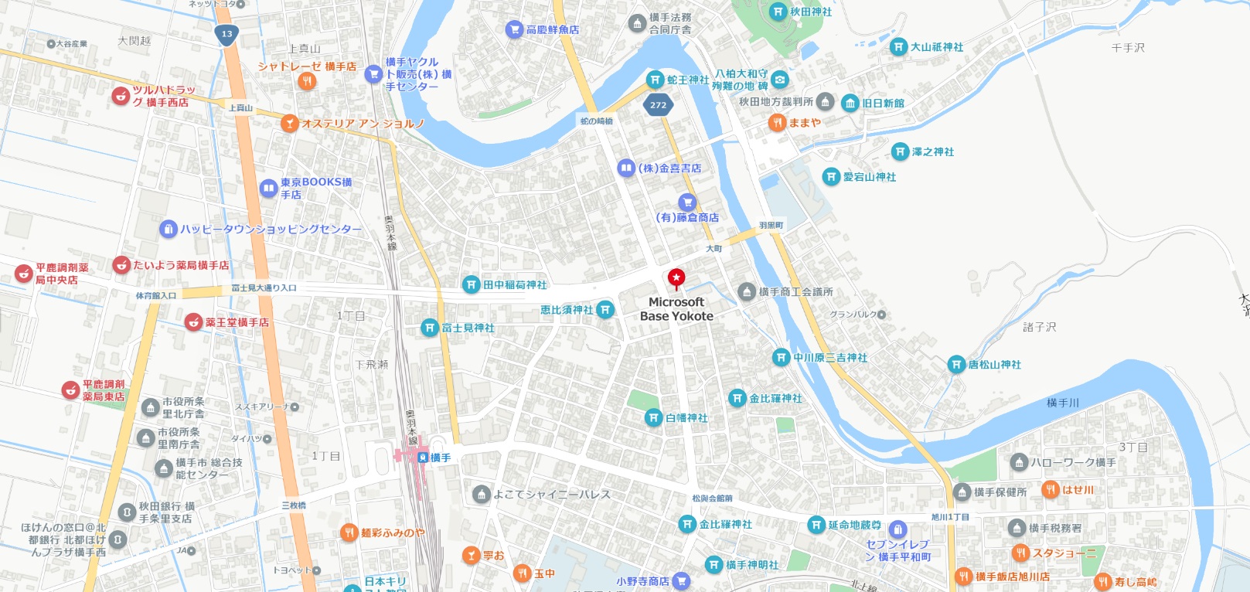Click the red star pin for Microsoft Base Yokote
point(676,277)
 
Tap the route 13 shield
point(226,34)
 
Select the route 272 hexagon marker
point(658,105)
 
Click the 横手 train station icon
point(422,458)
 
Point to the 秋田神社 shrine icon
point(778,12)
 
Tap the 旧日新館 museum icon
point(850,103)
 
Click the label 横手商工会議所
point(795,291)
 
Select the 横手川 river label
point(1062,403)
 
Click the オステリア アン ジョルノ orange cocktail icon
point(289,123)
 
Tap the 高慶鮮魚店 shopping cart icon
point(514,29)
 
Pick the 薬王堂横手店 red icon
point(193,322)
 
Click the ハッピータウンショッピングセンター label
point(271,229)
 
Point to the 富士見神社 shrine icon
point(430,328)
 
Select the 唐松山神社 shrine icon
point(956,364)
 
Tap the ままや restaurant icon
point(777,122)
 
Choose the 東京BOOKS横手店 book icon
point(268,187)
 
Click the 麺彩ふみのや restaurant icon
point(349,532)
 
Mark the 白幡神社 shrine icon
point(653,417)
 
